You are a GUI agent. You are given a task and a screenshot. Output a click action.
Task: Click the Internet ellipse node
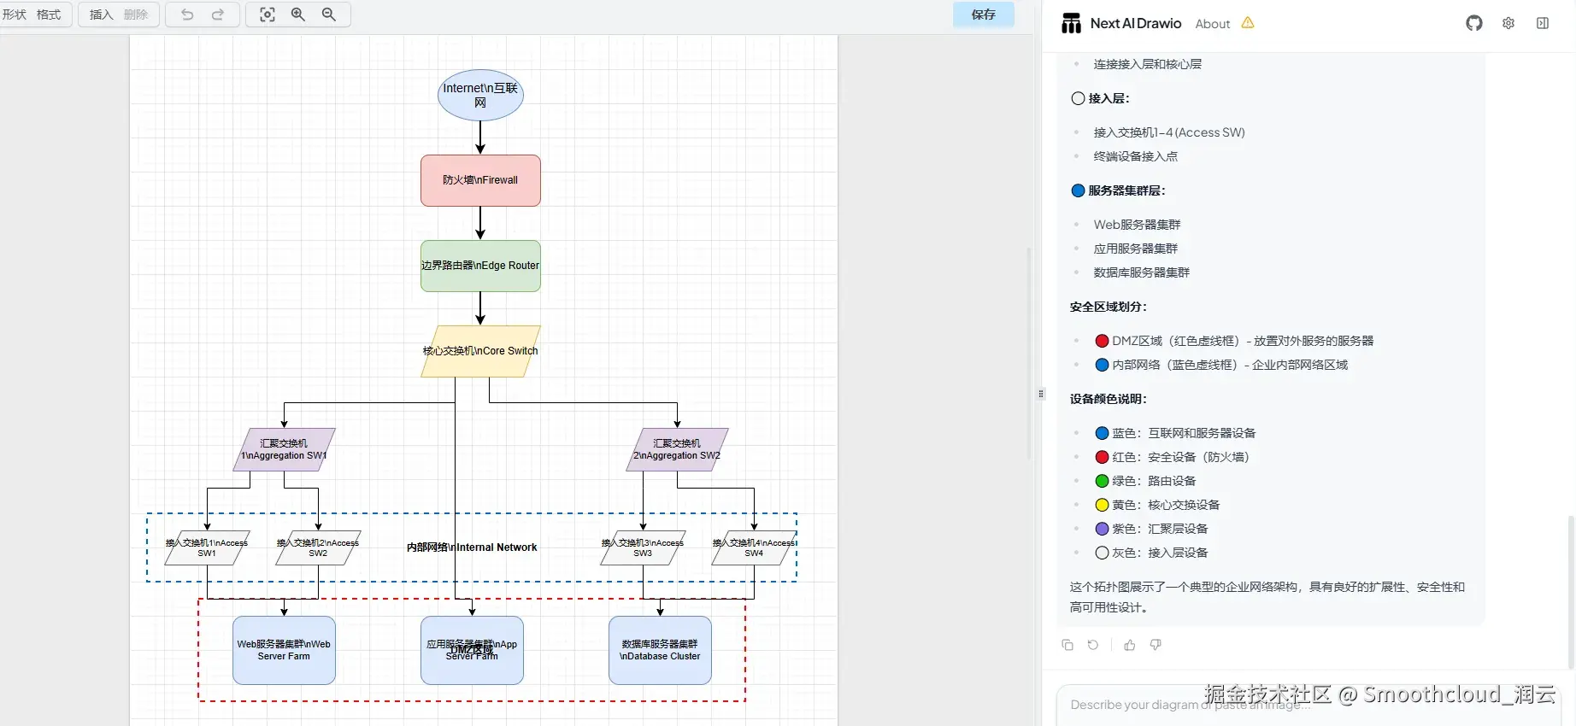click(x=480, y=95)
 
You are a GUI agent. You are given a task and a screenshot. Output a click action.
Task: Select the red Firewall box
click(x=480, y=180)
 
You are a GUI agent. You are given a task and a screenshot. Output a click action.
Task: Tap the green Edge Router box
click(x=480, y=266)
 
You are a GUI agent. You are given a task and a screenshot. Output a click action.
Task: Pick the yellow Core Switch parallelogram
click(x=480, y=351)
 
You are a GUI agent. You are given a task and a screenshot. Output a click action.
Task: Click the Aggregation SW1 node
click(x=284, y=449)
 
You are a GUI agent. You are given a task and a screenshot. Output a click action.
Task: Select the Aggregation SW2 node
click(x=677, y=449)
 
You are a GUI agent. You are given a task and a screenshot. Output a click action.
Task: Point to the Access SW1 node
click(x=207, y=548)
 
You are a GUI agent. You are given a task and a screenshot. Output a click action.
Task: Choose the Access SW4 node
click(x=754, y=548)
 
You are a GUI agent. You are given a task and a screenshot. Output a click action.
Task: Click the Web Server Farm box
click(x=284, y=650)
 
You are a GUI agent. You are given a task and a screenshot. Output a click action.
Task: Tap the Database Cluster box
click(x=660, y=650)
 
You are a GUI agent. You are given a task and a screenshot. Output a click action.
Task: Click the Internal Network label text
click(x=472, y=547)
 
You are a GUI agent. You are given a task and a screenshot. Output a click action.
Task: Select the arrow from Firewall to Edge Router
click(x=480, y=223)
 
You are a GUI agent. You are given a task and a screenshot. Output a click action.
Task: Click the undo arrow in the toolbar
click(x=187, y=15)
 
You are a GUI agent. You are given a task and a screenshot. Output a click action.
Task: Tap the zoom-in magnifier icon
click(x=298, y=15)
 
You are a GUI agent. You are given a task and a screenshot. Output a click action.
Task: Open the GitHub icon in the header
click(x=1474, y=23)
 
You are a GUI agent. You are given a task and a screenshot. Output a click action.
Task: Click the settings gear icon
click(x=1508, y=23)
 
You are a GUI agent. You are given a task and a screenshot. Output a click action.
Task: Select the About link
click(x=1212, y=24)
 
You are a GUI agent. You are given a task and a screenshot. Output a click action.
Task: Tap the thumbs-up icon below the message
click(x=1130, y=645)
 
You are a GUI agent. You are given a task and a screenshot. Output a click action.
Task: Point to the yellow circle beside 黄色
click(x=1103, y=505)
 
